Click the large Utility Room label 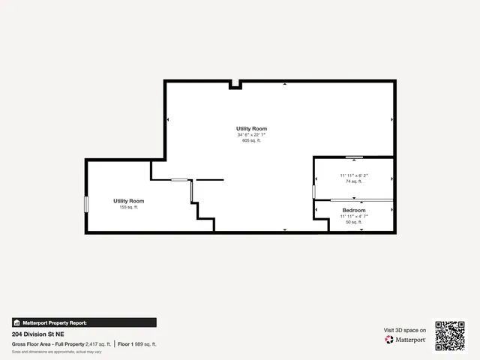tap(251, 129)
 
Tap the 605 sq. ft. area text tap(251, 140)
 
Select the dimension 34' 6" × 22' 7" tap(251, 135)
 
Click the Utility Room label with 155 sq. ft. tap(129, 201)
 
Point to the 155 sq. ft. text tap(129, 207)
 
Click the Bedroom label tap(354, 210)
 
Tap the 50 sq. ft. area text tap(354, 222)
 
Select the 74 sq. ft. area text tap(354, 181)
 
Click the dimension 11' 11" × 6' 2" tap(354, 175)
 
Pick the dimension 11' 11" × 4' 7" tap(354, 216)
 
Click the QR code tap(450, 335)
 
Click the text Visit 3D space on tap(405, 330)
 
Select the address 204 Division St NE tap(37, 333)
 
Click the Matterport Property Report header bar tap(84, 322)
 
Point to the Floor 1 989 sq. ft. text tap(137, 343)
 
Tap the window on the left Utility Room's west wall tap(86, 203)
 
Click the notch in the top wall tap(235, 85)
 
